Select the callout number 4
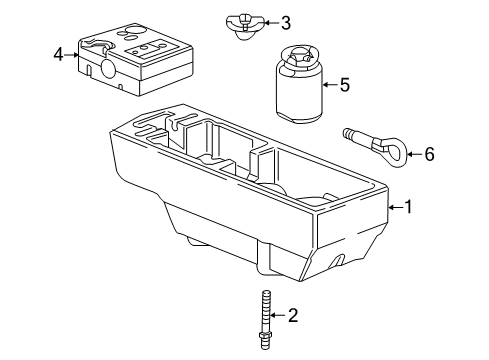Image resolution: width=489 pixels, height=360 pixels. pyautogui.click(x=59, y=54)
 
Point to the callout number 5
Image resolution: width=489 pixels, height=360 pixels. pyautogui.click(x=343, y=85)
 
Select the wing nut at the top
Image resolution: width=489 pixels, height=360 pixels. pyautogui.click(x=239, y=23)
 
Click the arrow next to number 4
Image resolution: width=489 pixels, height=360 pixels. pyautogui.click(x=76, y=54)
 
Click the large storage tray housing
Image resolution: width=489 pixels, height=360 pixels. pyautogui.click(x=250, y=200)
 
